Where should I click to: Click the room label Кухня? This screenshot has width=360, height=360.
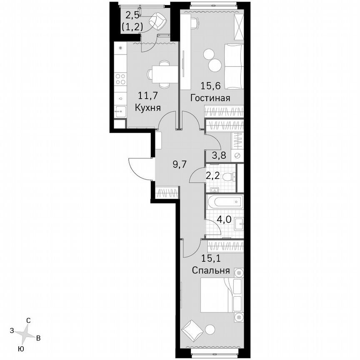(x=148, y=107)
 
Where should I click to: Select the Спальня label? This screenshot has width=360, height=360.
(x=211, y=270)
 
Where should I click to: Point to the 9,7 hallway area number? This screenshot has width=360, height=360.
(x=179, y=164)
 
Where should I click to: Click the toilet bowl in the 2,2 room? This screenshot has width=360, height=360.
(x=227, y=177)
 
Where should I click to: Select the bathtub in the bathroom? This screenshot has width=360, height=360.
(x=224, y=202)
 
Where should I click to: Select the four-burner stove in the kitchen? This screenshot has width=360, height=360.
(x=121, y=79)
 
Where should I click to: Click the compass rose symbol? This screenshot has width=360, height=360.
(x=26, y=333)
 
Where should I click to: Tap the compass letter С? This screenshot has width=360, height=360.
(x=28, y=320)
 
